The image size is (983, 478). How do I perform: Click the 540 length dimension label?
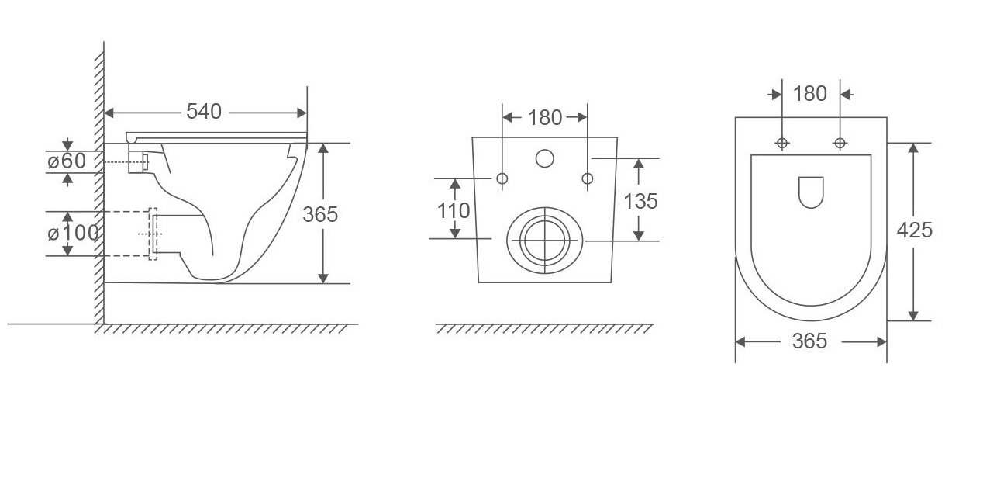[204, 112]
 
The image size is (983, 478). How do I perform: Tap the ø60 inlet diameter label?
[67, 161]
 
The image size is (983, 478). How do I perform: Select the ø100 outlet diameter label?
[73, 233]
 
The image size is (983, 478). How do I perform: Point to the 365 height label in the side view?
[320, 214]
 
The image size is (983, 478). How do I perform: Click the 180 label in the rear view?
[544, 118]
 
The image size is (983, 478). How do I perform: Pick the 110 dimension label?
[454, 211]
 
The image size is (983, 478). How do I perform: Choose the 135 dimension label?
[640, 201]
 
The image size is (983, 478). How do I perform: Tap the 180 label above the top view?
[810, 94]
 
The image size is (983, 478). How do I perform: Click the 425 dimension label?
[915, 230]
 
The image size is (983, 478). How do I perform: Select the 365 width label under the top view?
[809, 341]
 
